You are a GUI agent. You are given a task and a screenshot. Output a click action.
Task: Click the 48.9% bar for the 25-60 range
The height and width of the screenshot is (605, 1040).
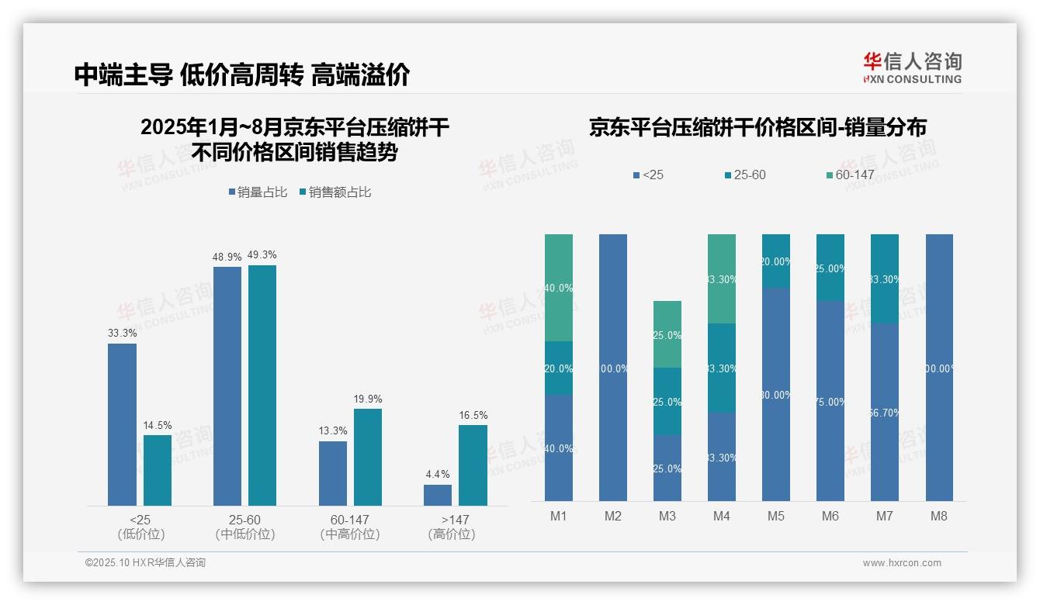pos(227,386)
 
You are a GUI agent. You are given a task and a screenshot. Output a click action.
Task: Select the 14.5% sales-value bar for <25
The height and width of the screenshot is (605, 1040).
pos(158,470)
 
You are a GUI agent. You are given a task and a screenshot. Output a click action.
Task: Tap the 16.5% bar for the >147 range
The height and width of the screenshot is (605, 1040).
pos(473,465)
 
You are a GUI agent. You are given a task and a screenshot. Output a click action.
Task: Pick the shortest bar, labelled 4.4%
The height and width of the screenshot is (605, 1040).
pos(438,495)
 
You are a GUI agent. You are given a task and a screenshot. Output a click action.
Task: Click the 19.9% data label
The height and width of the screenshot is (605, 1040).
pos(368,399)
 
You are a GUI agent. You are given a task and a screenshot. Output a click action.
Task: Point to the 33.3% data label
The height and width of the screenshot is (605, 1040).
pos(123,334)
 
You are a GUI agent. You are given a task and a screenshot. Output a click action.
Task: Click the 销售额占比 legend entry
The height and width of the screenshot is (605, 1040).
pos(335,192)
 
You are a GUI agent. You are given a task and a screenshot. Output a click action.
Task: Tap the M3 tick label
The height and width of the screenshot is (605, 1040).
pos(667,516)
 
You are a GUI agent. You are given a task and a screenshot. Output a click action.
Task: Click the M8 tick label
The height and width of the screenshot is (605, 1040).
pos(939,516)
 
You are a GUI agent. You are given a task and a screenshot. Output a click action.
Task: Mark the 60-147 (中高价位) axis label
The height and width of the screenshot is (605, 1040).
pos(349,527)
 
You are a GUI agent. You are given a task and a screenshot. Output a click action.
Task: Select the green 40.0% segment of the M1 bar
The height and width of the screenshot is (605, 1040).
pos(559,288)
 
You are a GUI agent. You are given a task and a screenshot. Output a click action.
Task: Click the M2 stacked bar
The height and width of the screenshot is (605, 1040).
pos(613,368)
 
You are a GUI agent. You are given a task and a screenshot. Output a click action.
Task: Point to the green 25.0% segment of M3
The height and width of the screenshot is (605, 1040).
pos(667,334)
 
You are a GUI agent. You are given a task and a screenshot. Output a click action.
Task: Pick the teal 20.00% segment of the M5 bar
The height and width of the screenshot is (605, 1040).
pos(776,261)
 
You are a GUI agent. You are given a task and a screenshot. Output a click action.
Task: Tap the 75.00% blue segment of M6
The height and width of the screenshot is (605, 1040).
pos(830,401)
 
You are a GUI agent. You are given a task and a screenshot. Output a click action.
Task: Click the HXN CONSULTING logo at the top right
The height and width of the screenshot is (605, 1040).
pos(913,68)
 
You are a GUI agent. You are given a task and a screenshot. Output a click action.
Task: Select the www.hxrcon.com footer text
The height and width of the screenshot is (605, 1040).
pos(902,563)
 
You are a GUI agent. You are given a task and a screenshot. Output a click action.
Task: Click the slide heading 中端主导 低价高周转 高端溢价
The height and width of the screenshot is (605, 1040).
pos(242,75)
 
